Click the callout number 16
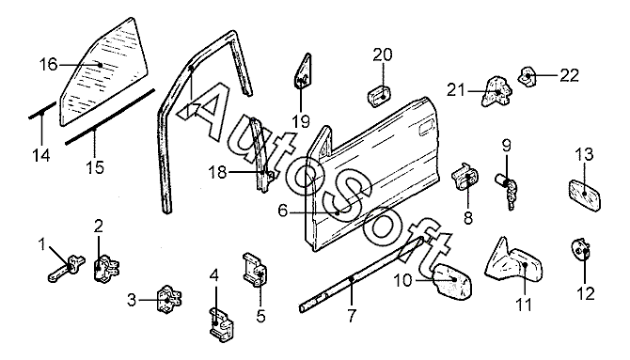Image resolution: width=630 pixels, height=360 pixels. tap(49, 64)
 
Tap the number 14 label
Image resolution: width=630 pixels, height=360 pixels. tap(41, 155)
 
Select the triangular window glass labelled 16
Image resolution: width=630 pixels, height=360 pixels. tap(103, 71)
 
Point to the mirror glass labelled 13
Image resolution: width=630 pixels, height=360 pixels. tap(585, 195)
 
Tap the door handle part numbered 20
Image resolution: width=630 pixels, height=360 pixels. tap(379, 96)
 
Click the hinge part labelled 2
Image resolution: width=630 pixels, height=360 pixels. tap(105, 268)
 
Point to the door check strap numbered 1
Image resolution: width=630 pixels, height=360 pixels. tap(67, 268)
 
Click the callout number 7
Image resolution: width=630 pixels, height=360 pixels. tap(352, 316)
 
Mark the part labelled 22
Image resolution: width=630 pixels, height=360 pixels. tap(528, 76)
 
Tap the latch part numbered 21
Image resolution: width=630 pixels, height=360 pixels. tap(496, 90)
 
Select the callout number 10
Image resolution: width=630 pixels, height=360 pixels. tap(403, 280)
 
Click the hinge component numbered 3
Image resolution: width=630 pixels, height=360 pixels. tap(168, 299)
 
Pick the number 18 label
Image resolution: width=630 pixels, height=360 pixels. tap(217, 173)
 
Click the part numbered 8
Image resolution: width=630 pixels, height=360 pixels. tap(466, 178)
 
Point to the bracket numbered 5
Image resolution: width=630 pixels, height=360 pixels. tap(255, 270)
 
